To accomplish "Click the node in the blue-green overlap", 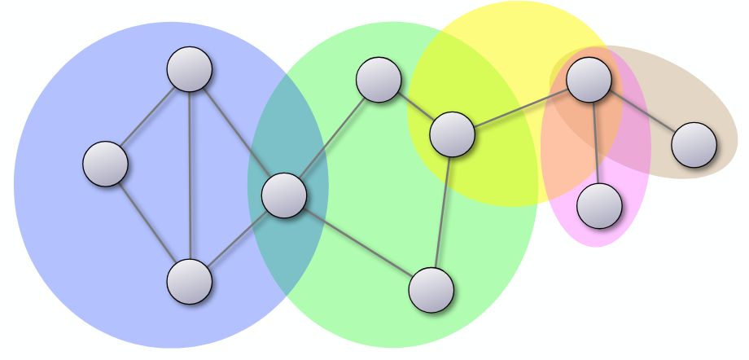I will click(284, 195).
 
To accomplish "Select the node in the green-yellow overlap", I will click(452, 134).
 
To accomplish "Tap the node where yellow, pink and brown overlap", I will click(589, 80).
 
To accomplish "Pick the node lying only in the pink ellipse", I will click(599, 205).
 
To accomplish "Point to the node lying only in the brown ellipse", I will click(694, 145).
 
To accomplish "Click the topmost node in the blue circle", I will click(190, 69).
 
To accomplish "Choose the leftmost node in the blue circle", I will click(106, 164).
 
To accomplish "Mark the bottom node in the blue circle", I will click(190, 282).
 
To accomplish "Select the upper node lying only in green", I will click(379, 80).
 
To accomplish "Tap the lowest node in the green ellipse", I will click(431, 290).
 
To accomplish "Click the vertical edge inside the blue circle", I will click(190, 175).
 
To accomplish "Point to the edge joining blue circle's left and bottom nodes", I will click(147, 222).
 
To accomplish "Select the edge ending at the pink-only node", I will click(594, 143).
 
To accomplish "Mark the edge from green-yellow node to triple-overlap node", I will click(520, 108).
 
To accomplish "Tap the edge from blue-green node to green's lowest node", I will click(357, 243).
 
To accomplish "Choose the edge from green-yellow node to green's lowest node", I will click(441, 212).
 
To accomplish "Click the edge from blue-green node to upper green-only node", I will click(331, 138).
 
